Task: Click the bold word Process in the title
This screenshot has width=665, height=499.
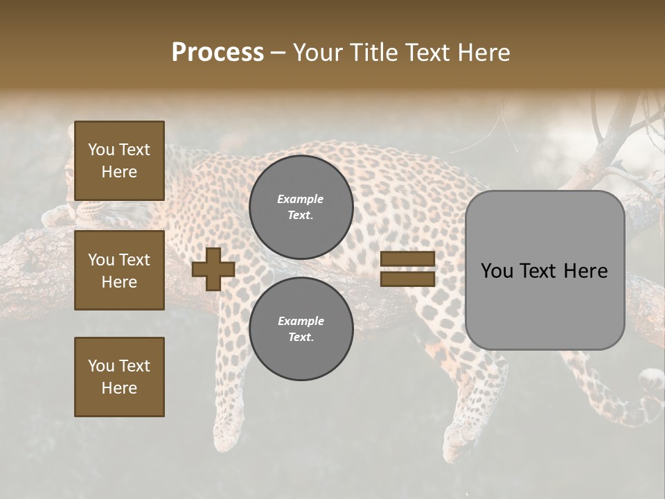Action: (218, 53)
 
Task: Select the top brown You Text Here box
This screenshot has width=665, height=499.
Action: (119, 161)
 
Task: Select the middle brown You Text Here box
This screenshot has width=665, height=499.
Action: (119, 270)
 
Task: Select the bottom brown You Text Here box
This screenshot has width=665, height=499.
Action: (119, 376)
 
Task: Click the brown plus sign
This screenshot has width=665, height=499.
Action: (213, 270)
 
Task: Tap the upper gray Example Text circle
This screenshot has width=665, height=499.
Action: (301, 207)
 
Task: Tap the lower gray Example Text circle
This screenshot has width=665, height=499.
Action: (301, 329)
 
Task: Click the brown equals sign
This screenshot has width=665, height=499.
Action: (408, 269)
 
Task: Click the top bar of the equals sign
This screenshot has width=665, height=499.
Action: (408, 259)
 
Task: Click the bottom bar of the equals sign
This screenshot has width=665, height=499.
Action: (408, 279)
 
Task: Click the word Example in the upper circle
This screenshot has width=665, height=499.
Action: (300, 199)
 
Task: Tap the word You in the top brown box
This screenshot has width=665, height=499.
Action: (101, 150)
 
